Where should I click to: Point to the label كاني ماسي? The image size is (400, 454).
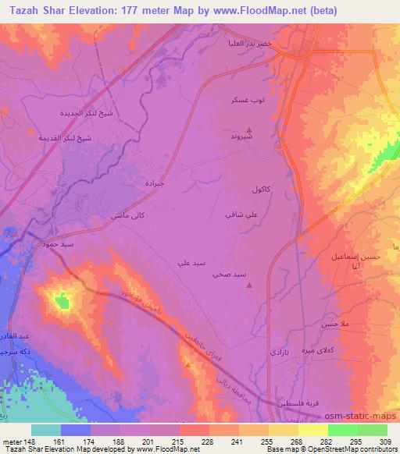click(110, 214)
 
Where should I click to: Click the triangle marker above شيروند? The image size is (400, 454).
click(249, 129)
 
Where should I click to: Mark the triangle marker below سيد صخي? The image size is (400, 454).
click(249, 286)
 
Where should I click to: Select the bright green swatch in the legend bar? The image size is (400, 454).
click(342, 430)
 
